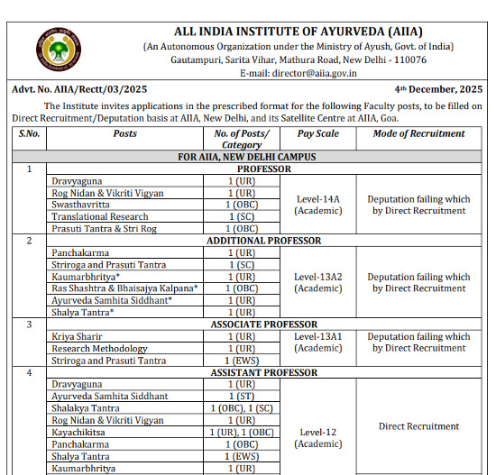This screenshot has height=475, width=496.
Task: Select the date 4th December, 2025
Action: [x=439, y=90]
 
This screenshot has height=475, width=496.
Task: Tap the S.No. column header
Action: [x=31, y=133]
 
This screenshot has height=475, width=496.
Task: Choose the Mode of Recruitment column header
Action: [x=420, y=133]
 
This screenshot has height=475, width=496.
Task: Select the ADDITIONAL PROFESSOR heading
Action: [x=263, y=241]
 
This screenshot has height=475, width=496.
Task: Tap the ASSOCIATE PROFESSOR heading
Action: [x=263, y=324]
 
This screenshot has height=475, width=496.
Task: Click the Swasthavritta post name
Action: [x=84, y=205]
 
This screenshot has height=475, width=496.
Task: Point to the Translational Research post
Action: [x=100, y=216]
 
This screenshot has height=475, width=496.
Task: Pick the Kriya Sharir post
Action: [x=77, y=336]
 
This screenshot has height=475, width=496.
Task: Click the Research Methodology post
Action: [x=99, y=349]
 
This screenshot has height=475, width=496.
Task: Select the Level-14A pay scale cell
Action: [x=318, y=205]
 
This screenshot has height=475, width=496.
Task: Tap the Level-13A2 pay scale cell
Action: [x=318, y=282]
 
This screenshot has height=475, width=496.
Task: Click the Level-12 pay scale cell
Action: [x=318, y=437]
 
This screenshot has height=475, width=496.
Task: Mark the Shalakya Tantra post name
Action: [x=86, y=408]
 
